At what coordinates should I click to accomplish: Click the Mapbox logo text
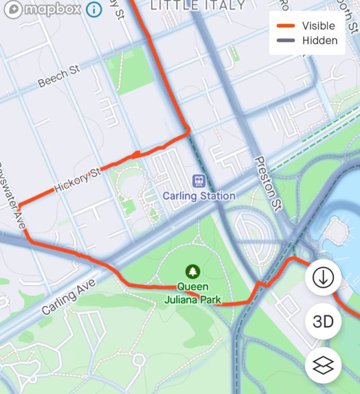click(51, 9)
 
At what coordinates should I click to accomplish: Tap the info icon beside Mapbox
click(94, 9)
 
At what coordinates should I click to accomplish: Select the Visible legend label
click(318, 26)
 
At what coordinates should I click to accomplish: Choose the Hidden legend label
click(319, 41)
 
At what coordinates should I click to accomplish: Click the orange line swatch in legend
click(285, 26)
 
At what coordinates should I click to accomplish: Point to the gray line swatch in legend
click(285, 41)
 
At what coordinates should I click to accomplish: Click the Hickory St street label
click(77, 180)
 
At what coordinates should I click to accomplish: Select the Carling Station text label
click(199, 196)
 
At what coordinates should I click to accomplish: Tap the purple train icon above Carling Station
click(199, 180)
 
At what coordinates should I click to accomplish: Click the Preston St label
click(268, 183)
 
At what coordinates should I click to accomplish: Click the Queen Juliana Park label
click(193, 293)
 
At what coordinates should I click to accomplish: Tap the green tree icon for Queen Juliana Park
click(193, 270)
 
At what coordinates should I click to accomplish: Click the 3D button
click(323, 322)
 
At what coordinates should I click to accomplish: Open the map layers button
click(323, 365)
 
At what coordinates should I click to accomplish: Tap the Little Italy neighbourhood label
click(197, 5)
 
